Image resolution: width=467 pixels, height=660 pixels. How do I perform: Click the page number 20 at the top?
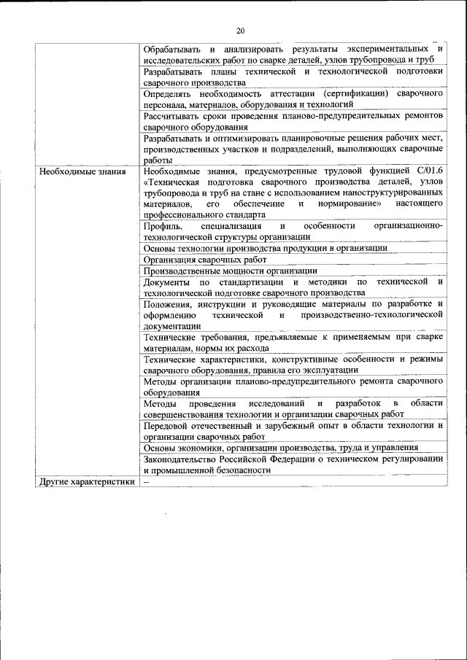click(240, 30)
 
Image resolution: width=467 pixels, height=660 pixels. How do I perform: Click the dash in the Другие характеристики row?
click(146, 482)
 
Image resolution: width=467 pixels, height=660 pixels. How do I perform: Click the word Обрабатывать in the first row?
click(170, 48)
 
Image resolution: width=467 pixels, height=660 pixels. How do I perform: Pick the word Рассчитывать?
click(170, 117)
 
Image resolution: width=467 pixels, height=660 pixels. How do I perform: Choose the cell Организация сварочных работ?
click(205, 260)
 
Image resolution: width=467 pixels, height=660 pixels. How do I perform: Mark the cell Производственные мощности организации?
click(230, 271)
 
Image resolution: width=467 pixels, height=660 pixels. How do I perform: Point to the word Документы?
click(166, 282)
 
